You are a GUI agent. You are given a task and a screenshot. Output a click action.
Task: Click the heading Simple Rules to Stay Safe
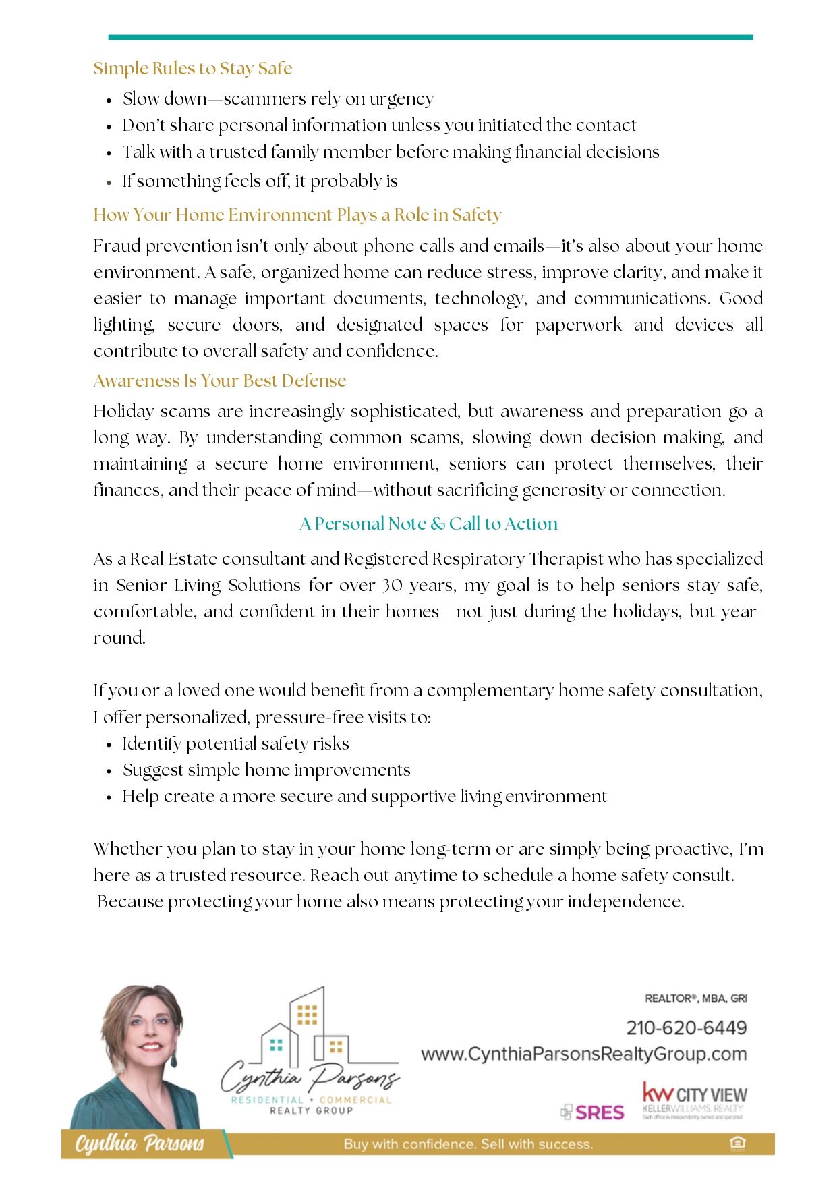coord(192,68)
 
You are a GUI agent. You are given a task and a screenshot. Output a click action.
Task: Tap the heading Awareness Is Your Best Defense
coord(219,380)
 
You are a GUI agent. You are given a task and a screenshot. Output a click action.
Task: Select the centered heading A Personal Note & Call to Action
coord(428,524)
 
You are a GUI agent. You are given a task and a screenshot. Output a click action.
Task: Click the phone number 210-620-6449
coord(686,1027)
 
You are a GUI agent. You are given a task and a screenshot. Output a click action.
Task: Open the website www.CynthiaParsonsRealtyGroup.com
coord(583,1054)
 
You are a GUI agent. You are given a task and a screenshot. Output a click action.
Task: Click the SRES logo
coord(593,1112)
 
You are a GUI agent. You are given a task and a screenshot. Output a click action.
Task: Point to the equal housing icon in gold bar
coord(737,1143)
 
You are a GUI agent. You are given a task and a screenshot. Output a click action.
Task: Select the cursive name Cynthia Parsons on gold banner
coord(139,1144)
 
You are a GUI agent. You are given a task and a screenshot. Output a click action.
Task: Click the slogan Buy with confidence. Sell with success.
coord(468,1144)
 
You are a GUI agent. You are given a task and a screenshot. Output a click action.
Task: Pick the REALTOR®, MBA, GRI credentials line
coord(695,998)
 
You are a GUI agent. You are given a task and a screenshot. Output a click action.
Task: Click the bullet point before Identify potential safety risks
coord(109,745)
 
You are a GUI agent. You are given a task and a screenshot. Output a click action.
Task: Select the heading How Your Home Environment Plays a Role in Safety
coord(297,215)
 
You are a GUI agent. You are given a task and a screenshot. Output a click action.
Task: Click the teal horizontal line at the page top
coord(430,37)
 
